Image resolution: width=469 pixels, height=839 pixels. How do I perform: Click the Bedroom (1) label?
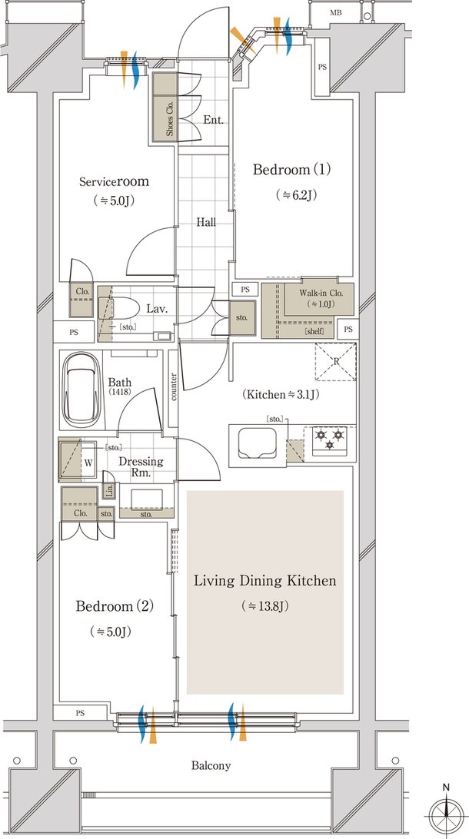click(292, 170)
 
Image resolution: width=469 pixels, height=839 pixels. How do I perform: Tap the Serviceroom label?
click(114, 181)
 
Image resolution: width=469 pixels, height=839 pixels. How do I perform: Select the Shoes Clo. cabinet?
click(165, 107)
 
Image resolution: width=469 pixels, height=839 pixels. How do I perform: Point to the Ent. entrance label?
click(212, 120)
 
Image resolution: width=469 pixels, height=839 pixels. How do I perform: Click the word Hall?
click(205, 221)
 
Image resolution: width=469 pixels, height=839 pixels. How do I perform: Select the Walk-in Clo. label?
click(318, 293)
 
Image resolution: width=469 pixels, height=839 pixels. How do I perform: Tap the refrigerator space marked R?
click(336, 362)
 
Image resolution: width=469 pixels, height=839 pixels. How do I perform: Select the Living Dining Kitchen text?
click(265, 581)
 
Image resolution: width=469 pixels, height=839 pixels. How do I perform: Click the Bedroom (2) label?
click(115, 606)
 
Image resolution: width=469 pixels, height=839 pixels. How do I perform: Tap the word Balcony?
click(211, 766)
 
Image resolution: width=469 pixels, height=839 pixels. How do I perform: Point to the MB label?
click(336, 13)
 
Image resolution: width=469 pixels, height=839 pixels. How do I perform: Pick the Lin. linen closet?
click(108, 490)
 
